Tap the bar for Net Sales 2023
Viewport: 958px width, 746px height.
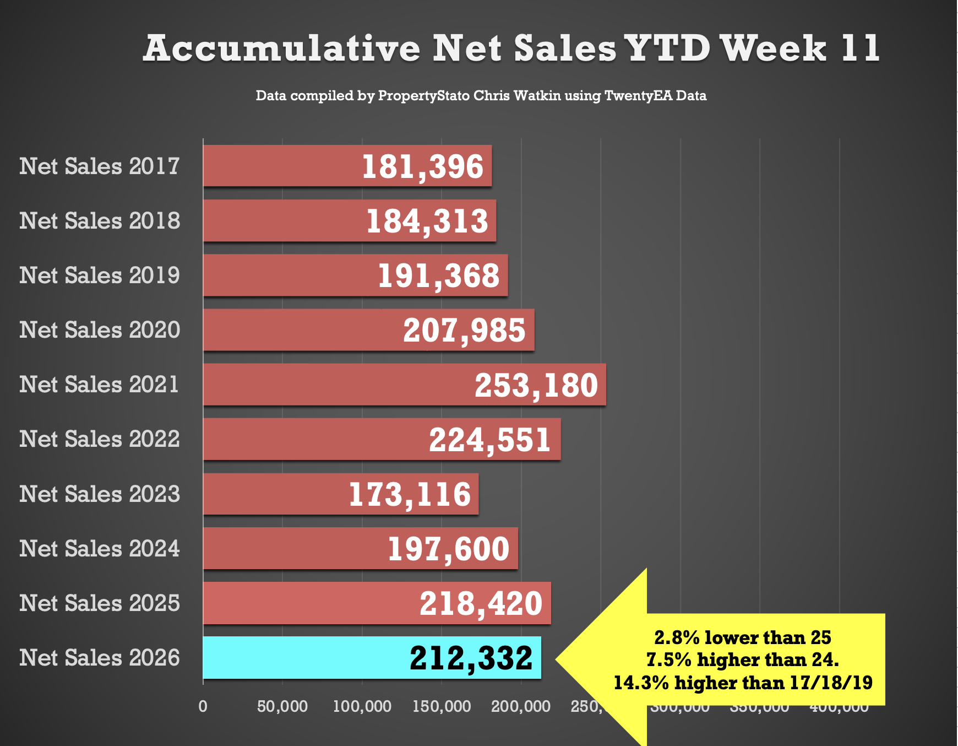[275, 494]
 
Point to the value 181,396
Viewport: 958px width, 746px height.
[422, 166]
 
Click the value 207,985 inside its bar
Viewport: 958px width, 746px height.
[464, 331]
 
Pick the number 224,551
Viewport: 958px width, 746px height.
[490, 440]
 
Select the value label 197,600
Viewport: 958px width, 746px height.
[449, 549]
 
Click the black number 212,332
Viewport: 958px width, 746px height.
[471, 658]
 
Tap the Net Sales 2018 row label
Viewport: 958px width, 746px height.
[100, 221]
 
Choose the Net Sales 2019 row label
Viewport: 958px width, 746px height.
[100, 275]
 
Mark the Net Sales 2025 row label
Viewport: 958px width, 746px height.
[100, 603]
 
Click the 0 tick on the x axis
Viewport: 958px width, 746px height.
[203, 706]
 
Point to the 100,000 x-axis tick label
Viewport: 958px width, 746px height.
[362, 706]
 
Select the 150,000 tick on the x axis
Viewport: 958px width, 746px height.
[442, 706]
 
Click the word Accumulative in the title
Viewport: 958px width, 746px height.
[281, 48]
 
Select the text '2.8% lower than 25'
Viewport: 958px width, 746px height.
[743, 637]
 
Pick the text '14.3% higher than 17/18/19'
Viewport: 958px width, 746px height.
[743, 683]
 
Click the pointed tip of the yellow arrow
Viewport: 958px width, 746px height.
[557, 658]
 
